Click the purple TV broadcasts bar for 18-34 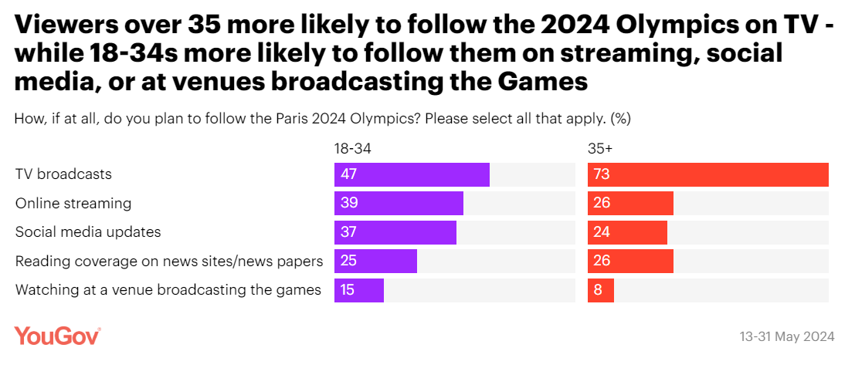(x=412, y=174)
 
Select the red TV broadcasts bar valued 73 (x=707, y=174)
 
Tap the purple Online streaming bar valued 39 (x=399, y=204)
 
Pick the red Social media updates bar (x=627, y=232)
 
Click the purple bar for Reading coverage (x=375, y=262)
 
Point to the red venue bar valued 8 (x=601, y=290)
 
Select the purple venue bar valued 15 (x=359, y=290)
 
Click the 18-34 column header (x=347, y=148)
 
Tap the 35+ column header (x=599, y=148)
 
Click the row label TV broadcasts (x=63, y=174)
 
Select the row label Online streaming (x=73, y=204)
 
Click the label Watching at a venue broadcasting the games (x=168, y=290)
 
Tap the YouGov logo (x=57, y=336)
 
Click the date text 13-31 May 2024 (x=786, y=337)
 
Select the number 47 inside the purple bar (x=348, y=174)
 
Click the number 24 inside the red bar (x=602, y=232)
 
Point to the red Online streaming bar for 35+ (x=630, y=204)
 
